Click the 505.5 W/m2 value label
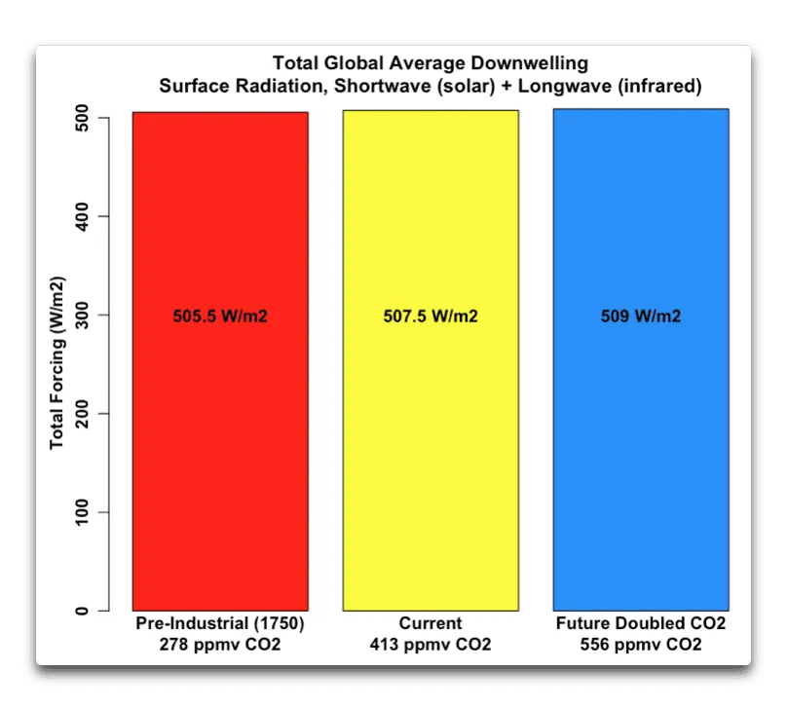[x=220, y=316]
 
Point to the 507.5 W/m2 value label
[x=431, y=316]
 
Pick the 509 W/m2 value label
[x=641, y=316]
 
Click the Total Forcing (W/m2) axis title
[x=57, y=364]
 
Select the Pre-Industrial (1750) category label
[x=220, y=623]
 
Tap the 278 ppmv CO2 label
[x=220, y=645]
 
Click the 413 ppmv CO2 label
[x=431, y=645]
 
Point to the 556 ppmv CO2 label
[x=641, y=645]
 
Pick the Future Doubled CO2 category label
[x=641, y=623]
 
